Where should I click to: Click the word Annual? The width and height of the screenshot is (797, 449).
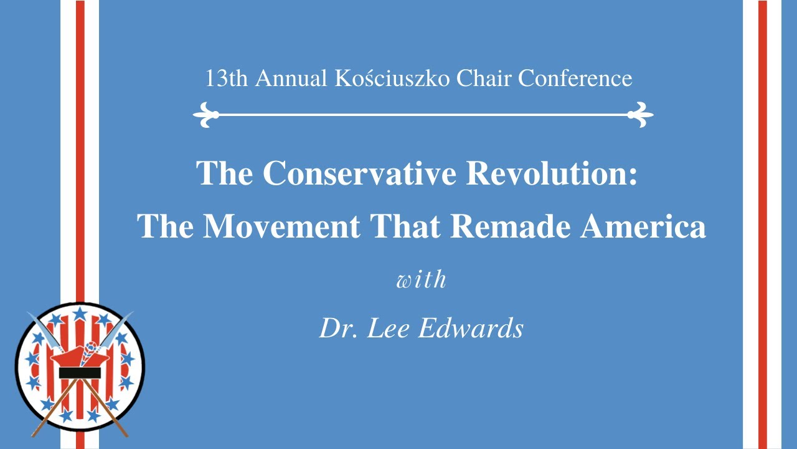[290, 79]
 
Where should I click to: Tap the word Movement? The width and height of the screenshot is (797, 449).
[282, 226]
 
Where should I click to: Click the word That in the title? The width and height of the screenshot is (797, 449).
[405, 226]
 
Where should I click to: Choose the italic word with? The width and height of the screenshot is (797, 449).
[422, 279]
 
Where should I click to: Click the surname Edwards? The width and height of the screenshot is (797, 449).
[471, 328]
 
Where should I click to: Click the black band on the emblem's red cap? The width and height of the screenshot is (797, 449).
[80, 373]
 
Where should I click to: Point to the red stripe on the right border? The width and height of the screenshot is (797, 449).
[762, 224]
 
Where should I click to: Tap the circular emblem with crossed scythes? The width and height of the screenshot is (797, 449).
[80, 369]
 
